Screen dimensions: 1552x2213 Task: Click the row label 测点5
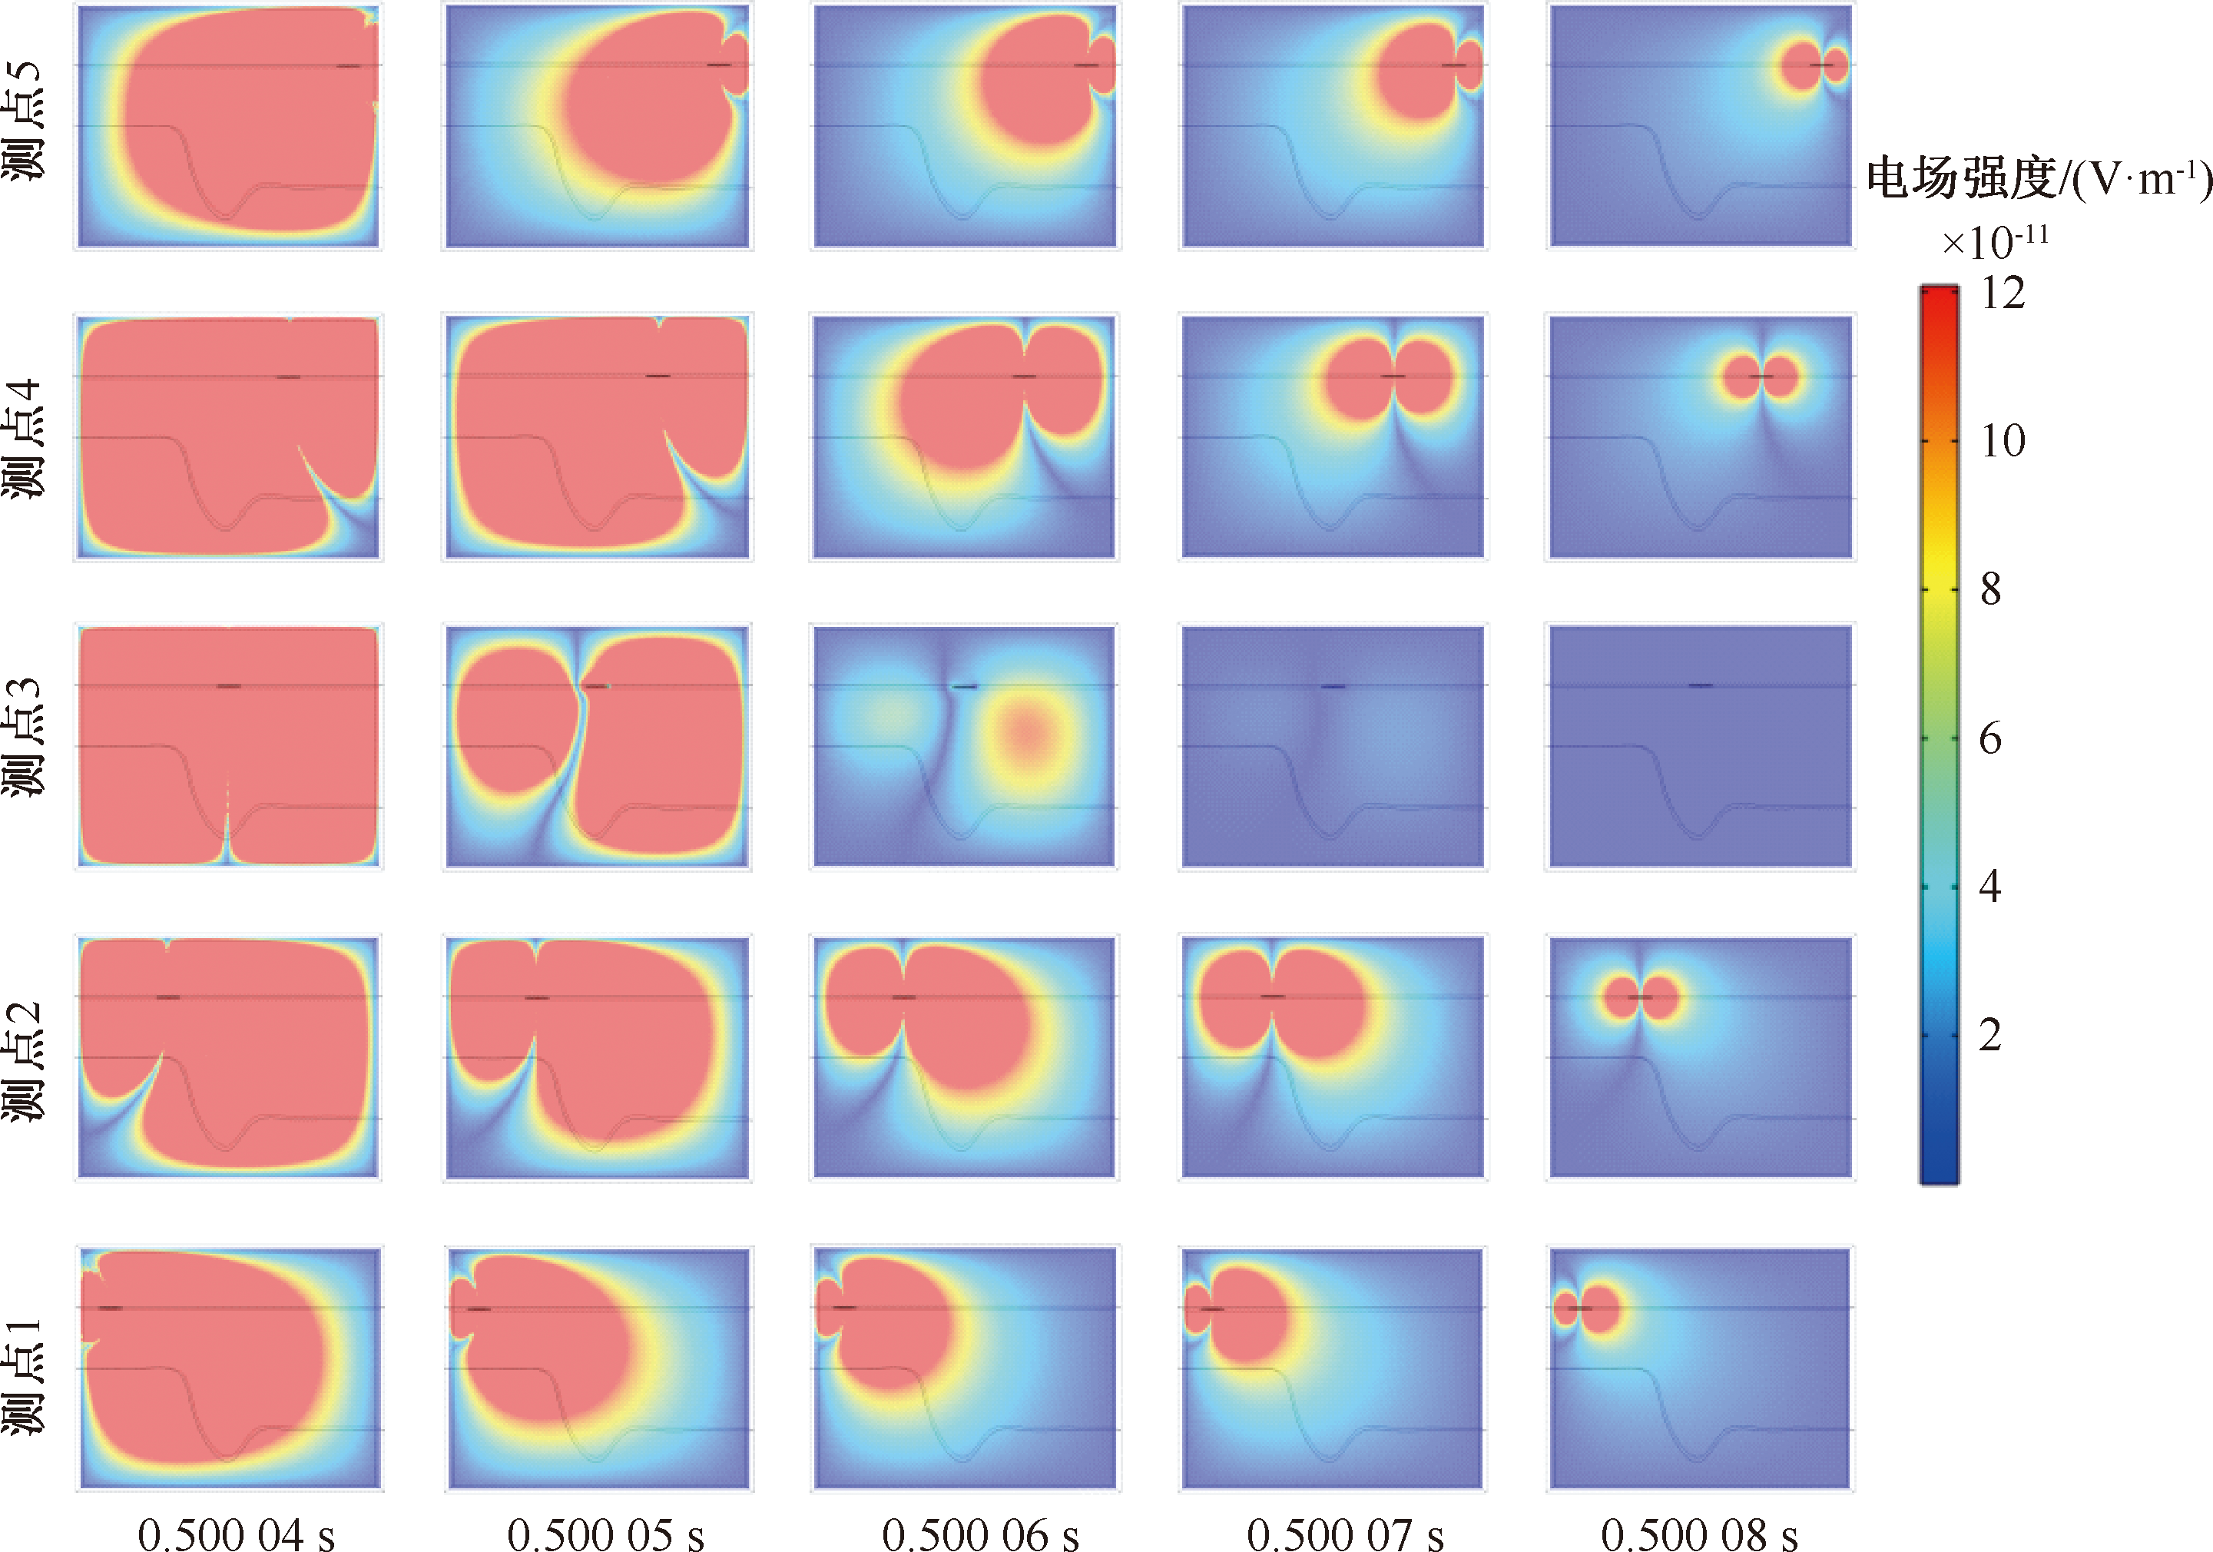click(x=23, y=121)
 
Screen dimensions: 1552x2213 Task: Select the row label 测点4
click(x=23, y=439)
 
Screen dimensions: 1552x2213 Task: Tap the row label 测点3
click(x=23, y=738)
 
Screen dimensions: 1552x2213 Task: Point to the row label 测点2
click(x=23, y=1060)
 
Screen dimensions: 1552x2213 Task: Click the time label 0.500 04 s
click(x=236, y=1533)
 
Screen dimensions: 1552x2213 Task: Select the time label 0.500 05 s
click(x=605, y=1533)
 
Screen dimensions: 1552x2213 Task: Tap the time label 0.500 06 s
click(x=979, y=1533)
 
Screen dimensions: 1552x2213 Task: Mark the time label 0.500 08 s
click(x=1698, y=1533)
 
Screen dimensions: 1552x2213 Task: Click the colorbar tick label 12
click(x=2002, y=292)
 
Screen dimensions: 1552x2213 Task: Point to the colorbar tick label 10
click(x=2002, y=440)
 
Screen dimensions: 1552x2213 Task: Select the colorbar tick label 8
click(x=1990, y=589)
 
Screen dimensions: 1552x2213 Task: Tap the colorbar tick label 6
click(x=1990, y=738)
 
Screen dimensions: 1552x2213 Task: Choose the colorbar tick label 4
click(x=1990, y=886)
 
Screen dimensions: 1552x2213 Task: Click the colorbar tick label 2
click(x=1990, y=1034)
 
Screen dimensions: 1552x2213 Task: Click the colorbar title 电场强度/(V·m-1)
click(x=2038, y=179)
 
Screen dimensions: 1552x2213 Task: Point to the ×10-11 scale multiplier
click(x=1994, y=241)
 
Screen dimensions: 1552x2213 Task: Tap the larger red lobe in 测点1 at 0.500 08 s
click(x=1600, y=1309)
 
